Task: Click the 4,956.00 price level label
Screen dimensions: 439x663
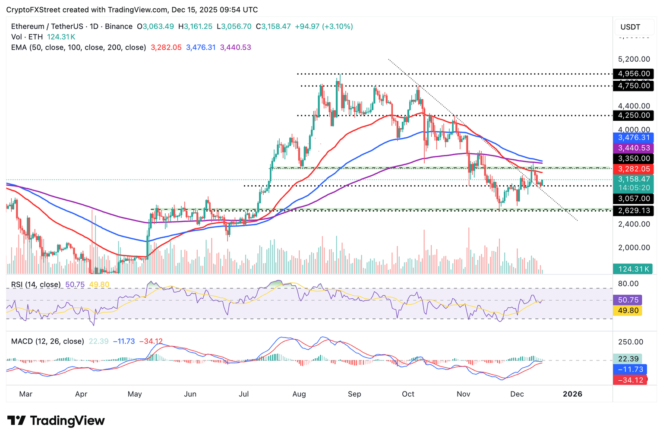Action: click(633, 73)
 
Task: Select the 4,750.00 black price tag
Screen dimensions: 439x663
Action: click(633, 86)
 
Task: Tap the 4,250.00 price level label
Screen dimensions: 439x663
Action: click(633, 115)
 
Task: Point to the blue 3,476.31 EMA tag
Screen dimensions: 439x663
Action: click(633, 138)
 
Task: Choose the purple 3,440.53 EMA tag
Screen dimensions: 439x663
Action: click(633, 148)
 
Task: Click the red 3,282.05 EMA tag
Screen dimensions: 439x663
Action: click(633, 169)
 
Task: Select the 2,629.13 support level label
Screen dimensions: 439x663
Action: click(633, 211)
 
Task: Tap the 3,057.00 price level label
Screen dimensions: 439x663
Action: click(633, 199)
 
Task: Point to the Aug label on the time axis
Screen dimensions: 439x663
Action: click(299, 394)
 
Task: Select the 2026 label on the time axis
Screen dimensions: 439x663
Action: click(572, 394)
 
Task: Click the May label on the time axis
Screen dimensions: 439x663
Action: click(135, 394)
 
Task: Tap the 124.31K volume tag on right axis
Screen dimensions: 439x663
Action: click(633, 269)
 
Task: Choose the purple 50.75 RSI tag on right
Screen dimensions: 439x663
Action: click(628, 300)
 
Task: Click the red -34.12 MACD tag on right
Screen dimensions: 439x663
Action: click(630, 380)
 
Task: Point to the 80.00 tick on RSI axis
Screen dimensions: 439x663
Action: click(628, 284)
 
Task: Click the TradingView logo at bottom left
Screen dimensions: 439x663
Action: click(56, 420)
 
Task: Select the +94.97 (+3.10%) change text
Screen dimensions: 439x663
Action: click(324, 26)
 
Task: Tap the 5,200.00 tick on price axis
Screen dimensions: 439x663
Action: click(634, 59)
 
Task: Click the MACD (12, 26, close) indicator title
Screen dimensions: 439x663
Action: click(47, 341)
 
